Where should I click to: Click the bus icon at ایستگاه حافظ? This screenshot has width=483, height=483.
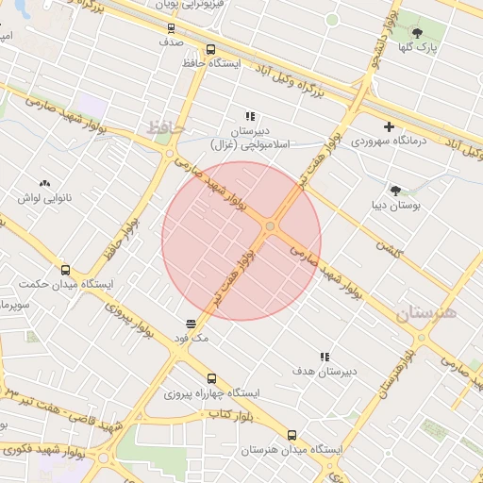pyautogui.click(x=210, y=50)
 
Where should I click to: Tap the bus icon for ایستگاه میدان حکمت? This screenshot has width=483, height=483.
pyautogui.click(x=64, y=269)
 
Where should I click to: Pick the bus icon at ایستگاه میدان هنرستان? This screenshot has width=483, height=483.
pyautogui.click(x=291, y=436)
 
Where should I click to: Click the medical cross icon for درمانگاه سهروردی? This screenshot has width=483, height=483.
pyautogui.click(x=389, y=127)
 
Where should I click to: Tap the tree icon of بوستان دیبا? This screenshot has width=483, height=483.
pyautogui.click(x=395, y=190)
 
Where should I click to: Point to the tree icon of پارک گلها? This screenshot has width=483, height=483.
pyautogui.click(x=417, y=33)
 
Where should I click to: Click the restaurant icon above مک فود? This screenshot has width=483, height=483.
pyautogui.click(x=192, y=323)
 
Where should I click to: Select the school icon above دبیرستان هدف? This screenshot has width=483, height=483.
pyautogui.click(x=325, y=357)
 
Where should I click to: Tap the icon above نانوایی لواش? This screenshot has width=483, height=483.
pyautogui.click(x=44, y=184)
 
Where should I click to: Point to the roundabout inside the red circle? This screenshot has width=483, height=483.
pyautogui.click(x=271, y=226)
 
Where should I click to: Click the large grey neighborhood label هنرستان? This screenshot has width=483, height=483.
pyautogui.click(x=426, y=312)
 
